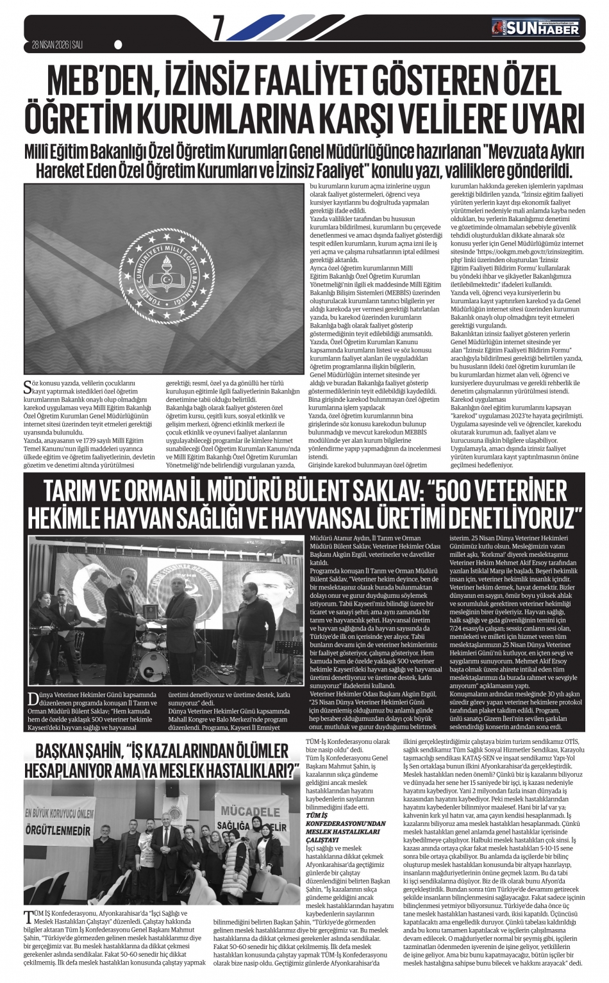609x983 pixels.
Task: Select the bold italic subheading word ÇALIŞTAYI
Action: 322,839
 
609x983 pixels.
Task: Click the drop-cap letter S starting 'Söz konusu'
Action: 27,386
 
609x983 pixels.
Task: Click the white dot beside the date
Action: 118,45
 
